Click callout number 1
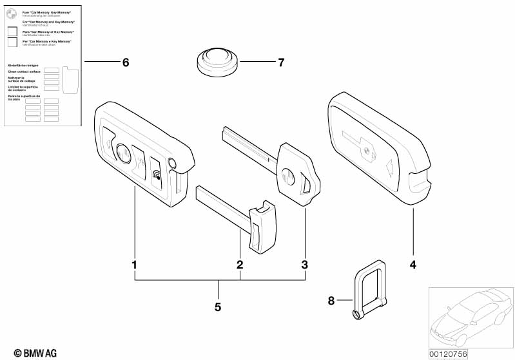pyautogui.click(x=134, y=265)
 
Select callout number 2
pyautogui.click(x=240, y=265)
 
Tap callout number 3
pyautogui.click(x=305, y=265)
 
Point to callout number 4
pyautogui.click(x=413, y=265)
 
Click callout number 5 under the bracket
pyautogui.click(x=218, y=307)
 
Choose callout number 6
pyautogui.click(x=126, y=62)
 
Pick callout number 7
pyautogui.click(x=280, y=62)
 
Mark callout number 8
pyautogui.click(x=331, y=300)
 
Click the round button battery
pyautogui.click(x=217, y=62)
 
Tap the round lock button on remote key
pyautogui.click(x=122, y=153)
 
